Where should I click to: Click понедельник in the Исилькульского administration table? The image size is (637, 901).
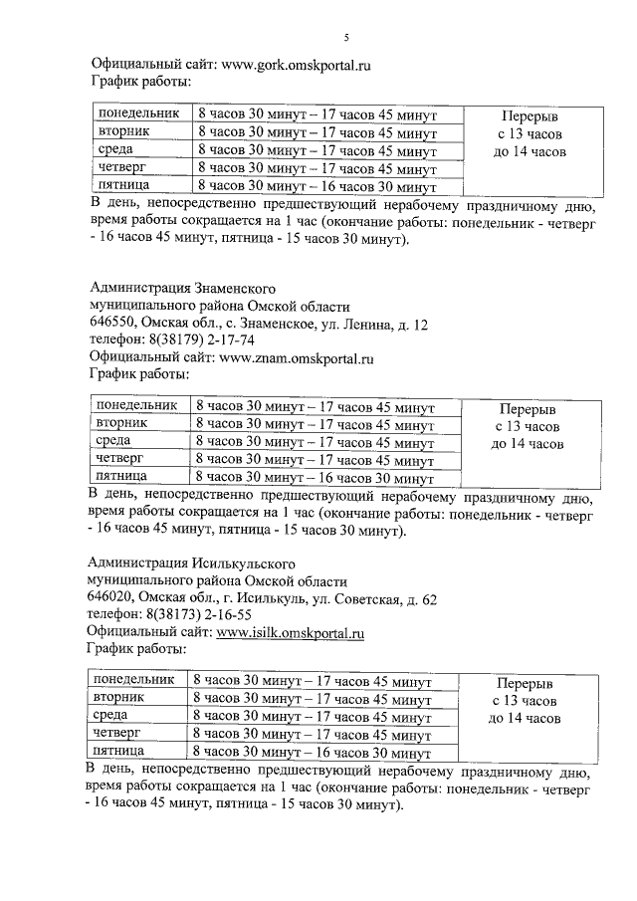(x=132, y=680)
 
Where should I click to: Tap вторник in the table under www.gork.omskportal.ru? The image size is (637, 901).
(x=124, y=131)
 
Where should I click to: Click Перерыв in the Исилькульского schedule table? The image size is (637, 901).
(x=524, y=685)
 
